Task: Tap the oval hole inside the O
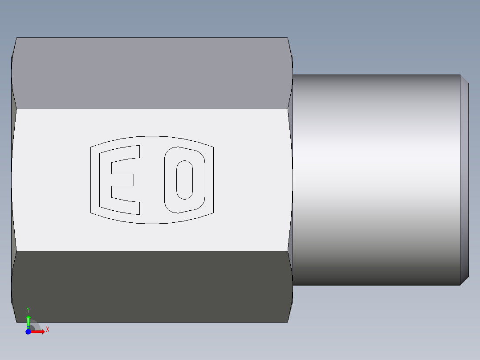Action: click(x=184, y=180)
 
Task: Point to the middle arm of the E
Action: click(x=122, y=180)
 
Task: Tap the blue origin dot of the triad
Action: click(x=28, y=331)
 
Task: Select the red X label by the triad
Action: click(x=47, y=330)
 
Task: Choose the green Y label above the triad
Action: click(x=28, y=310)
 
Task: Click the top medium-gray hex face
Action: click(x=151, y=73)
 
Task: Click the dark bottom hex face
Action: click(x=151, y=286)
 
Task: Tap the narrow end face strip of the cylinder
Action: click(x=464, y=180)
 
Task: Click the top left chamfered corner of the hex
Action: click(x=14, y=47)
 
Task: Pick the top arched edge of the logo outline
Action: click(x=152, y=137)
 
